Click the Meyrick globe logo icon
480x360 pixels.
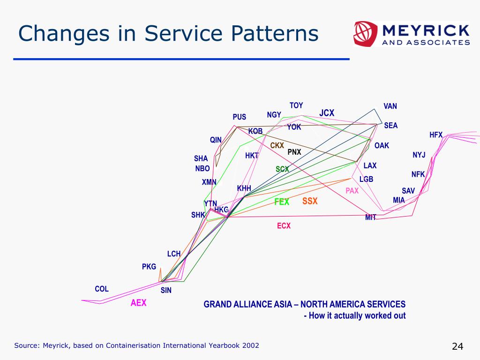(x=364, y=33)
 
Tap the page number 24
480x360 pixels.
(x=457, y=346)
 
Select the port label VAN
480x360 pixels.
(x=390, y=106)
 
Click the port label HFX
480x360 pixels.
(x=436, y=135)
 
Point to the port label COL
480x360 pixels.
(x=102, y=289)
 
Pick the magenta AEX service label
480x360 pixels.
(x=139, y=303)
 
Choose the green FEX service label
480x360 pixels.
(x=282, y=202)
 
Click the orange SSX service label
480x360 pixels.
(x=310, y=201)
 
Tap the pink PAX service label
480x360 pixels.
(x=352, y=191)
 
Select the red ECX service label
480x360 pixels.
(x=284, y=226)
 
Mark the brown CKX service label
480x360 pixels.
(x=277, y=146)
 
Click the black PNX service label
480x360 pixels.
(x=294, y=152)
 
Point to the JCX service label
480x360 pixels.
(x=327, y=113)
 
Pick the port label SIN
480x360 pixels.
(x=166, y=291)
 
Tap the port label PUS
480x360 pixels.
(x=240, y=117)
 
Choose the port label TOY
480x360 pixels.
(x=296, y=105)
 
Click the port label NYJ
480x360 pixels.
(x=419, y=155)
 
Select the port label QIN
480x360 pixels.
(x=216, y=140)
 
